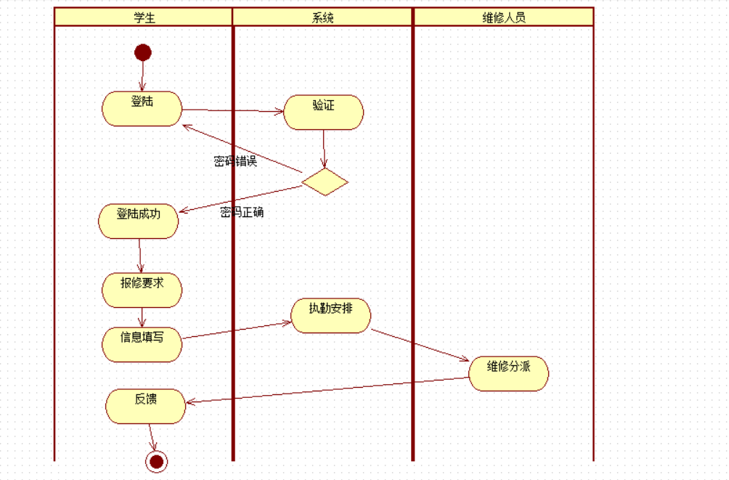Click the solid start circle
pos(143,52)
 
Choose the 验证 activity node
pos(323,113)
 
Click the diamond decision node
pos(325,182)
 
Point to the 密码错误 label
pos(235,161)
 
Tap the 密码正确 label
pos(242,212)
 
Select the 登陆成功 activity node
pos(138,221)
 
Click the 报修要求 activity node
pos(142,290)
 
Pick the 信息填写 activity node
pos(142,344)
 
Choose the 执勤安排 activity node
pos(330,315)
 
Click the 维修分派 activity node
pos(508,373)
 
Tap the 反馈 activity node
pos(145,406)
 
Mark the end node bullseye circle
pos(156,461)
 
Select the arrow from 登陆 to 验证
pos(232,111)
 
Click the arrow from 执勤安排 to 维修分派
pos(420,344)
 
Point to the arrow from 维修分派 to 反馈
pos(327,389)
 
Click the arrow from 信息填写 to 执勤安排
pos(236,330)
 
